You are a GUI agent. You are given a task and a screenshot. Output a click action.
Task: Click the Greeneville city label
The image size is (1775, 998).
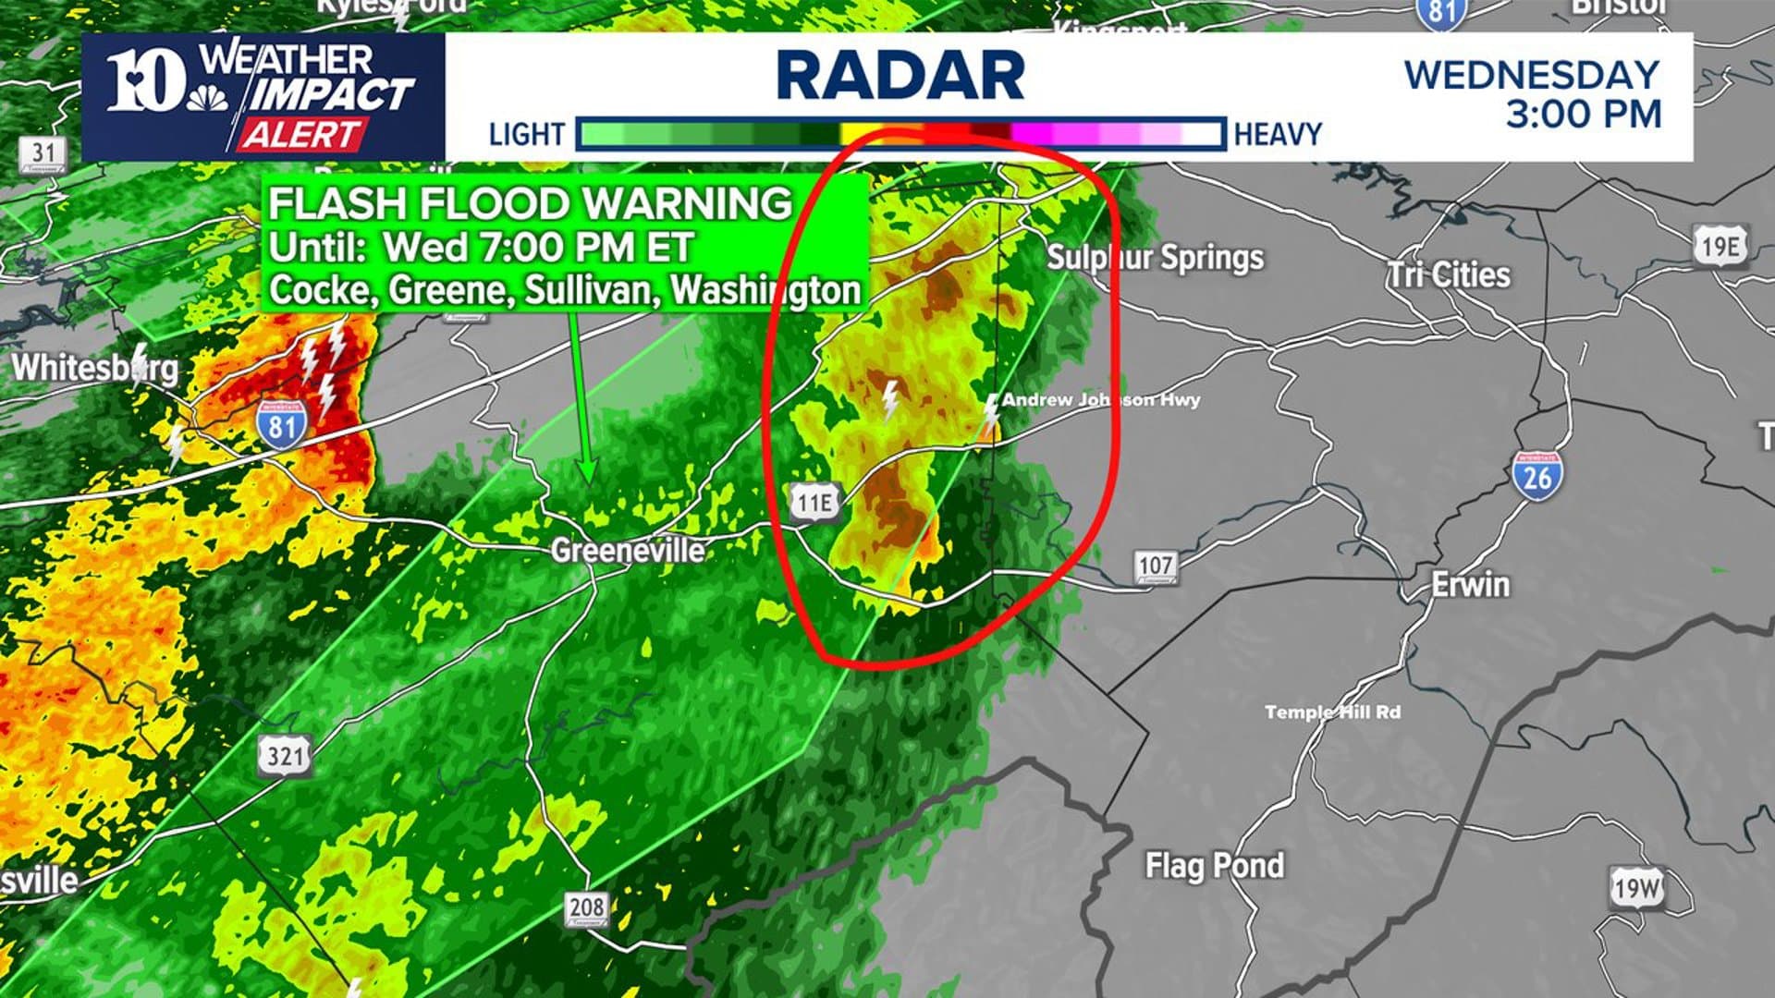point(627,551)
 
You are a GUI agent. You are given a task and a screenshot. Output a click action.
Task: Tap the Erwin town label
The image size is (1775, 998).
point(1470,584)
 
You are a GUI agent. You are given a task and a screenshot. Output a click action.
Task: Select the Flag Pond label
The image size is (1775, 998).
point(1214,866)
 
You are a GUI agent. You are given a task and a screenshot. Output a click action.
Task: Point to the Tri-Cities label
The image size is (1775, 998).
point(1449,274)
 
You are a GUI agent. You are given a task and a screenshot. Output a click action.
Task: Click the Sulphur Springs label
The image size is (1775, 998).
point(1155,258)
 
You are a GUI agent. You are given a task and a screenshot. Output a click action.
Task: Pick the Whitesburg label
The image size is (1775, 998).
point(94,368)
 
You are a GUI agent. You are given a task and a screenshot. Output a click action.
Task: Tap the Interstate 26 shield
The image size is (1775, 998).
point(1536,476)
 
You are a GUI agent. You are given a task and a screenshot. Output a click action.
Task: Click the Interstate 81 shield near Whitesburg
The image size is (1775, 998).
point(282,426)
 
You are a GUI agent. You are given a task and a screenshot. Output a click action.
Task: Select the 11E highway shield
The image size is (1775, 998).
point(814,502)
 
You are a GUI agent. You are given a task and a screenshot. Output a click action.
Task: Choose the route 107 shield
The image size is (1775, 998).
point(1156,566)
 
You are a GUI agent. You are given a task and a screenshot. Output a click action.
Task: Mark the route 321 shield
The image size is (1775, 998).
point(285,755)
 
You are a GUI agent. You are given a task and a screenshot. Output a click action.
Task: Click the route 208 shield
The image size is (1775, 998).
point(587,908)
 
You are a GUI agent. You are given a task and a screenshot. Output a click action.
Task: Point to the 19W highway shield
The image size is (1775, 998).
point(1637,889)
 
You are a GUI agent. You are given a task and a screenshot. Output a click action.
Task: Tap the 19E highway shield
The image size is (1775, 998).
point(1720,246)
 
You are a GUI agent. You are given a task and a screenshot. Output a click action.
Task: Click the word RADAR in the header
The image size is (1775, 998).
point(900,76)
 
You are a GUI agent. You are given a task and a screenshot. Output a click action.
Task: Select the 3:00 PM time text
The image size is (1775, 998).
point(1583,115)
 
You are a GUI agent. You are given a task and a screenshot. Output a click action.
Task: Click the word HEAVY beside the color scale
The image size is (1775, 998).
point(1278,135)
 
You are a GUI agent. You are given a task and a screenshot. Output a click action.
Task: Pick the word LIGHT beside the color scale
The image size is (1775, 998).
point(526,135)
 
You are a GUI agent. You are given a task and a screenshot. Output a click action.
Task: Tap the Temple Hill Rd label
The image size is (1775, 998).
point(1332,712)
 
